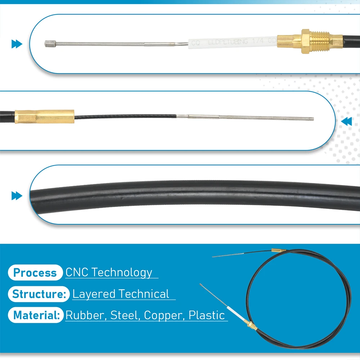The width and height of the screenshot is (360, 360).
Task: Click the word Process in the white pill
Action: pos(35,273)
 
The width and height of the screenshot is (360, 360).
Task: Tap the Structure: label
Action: pos(39,294)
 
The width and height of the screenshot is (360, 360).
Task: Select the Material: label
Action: pos(36,316)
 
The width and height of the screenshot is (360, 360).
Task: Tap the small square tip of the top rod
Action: pos(48,44)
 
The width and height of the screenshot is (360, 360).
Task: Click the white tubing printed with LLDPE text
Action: pos(234,42)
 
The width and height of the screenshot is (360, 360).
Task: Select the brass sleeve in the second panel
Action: pos(45,116)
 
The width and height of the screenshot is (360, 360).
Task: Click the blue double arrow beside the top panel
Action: pos(17,44)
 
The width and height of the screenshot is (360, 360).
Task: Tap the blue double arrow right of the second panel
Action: pos(346,122)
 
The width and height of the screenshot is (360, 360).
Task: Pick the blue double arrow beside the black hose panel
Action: pos(17,196)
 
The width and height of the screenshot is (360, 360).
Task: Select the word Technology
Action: pos(122,273)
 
